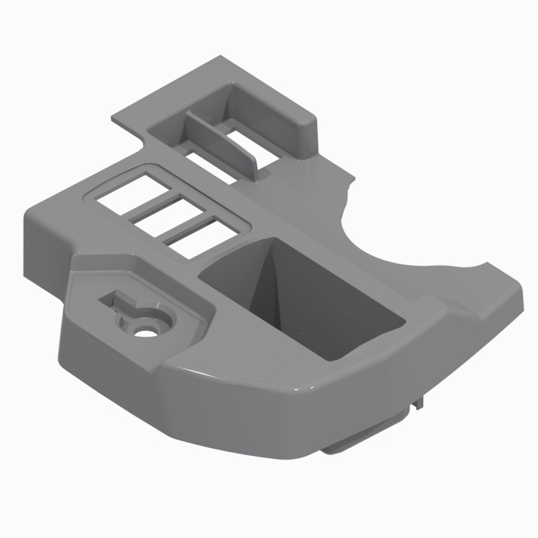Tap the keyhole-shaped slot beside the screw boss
117,302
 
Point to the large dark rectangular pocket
301,301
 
